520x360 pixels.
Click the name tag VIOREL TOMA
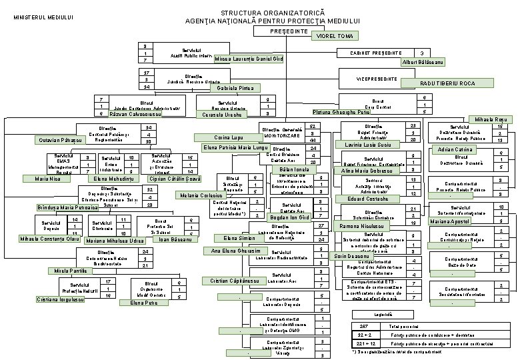click(335, 36)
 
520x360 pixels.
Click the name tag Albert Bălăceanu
click(423, 62)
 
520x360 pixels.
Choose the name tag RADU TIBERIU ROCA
click(447, 83)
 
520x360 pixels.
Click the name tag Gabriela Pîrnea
click(231, 88)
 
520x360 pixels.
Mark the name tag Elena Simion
click(239, 238)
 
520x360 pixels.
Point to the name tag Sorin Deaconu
click(353, 256)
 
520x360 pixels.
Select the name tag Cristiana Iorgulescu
click(60, 299)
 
